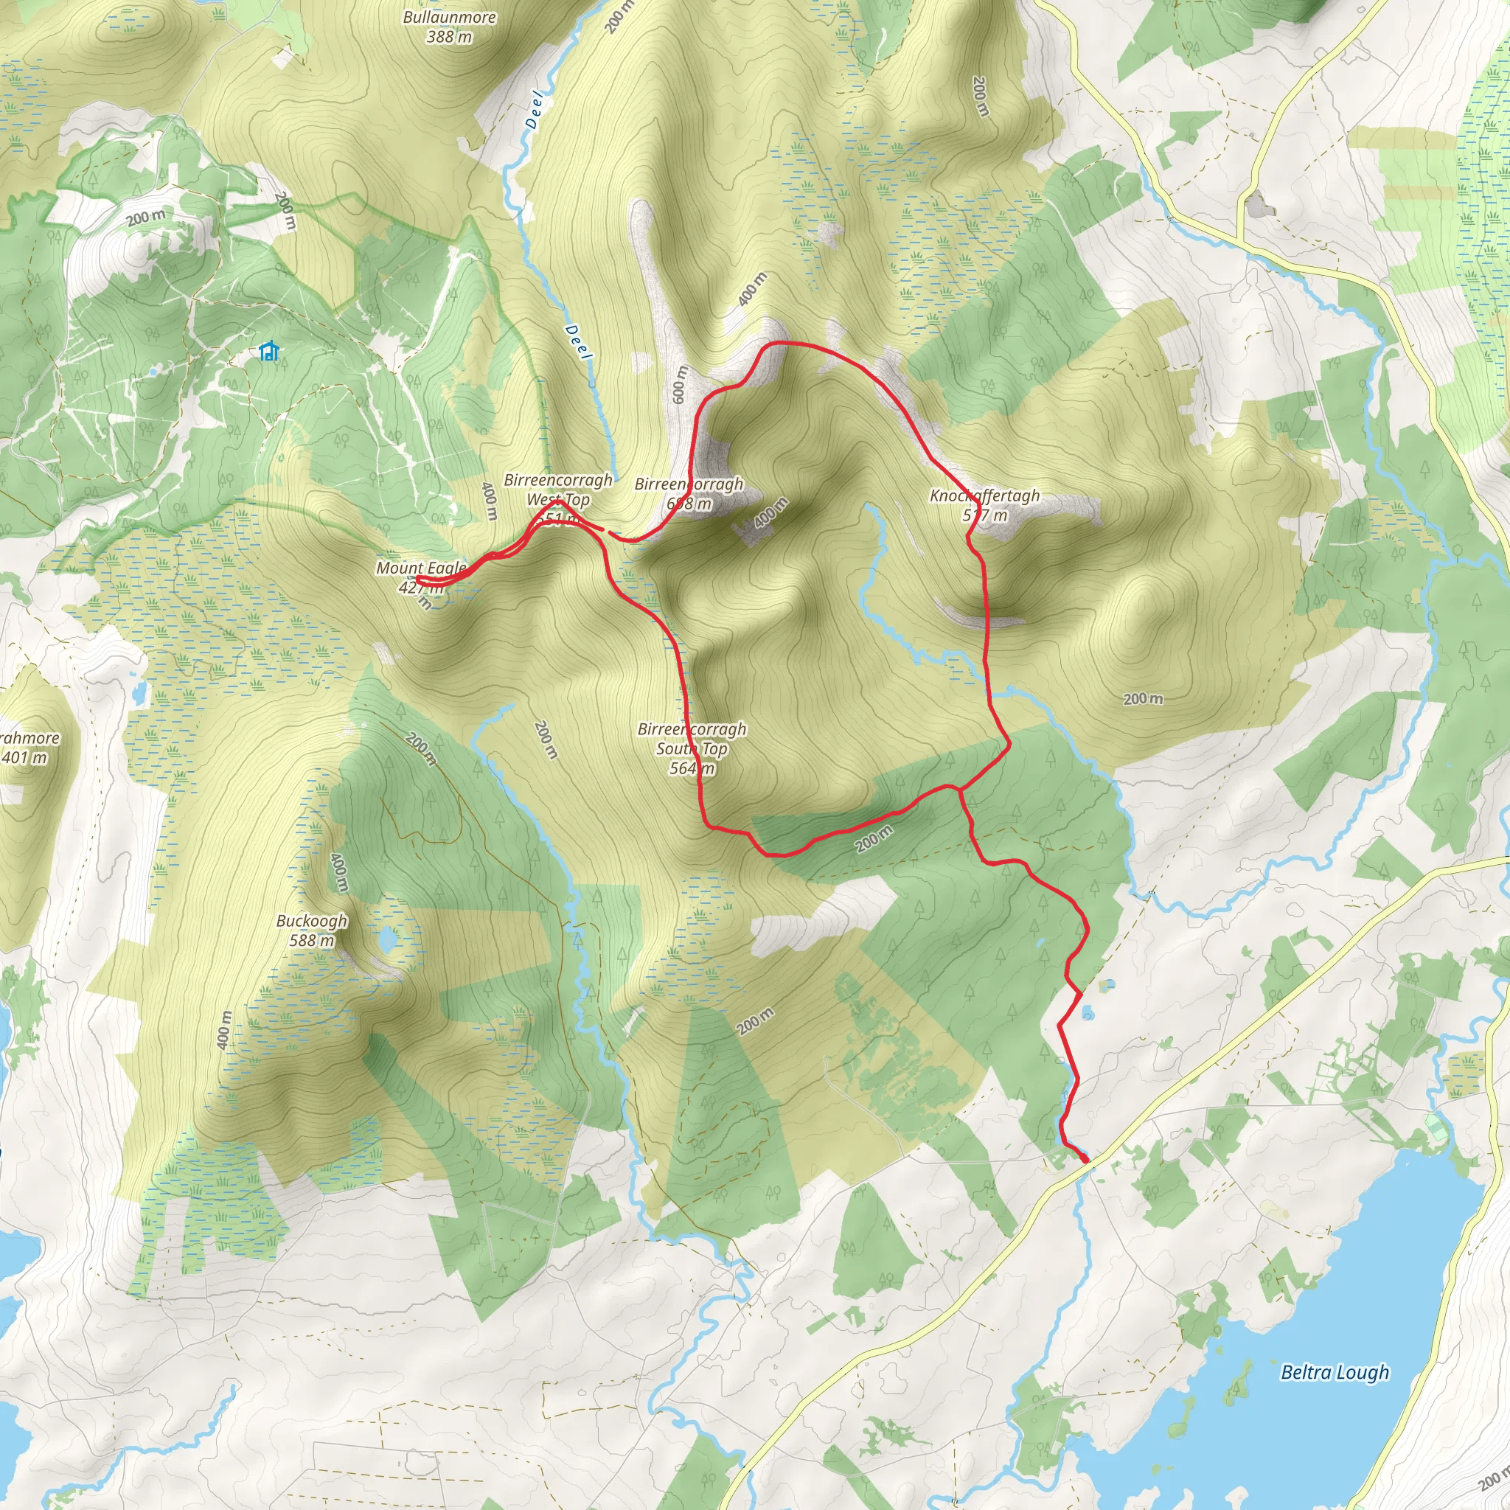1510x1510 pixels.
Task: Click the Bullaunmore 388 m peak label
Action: pos(450,27)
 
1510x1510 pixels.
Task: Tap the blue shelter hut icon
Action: pos(268,351)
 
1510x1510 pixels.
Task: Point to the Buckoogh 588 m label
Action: pos(312,930)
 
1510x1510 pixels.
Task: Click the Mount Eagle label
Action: pos(420,568)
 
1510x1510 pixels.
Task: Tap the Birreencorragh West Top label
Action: pos(558,490)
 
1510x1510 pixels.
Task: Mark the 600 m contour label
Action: pos(679,385)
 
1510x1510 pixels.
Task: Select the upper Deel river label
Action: pos(535,109)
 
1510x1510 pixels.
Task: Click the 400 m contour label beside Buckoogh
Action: pos(339,872)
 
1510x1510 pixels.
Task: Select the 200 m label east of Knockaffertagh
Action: pos(1143,699)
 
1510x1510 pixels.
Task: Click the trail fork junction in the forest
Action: pos(959,790)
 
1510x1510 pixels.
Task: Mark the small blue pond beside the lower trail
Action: pos(1088,1015)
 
